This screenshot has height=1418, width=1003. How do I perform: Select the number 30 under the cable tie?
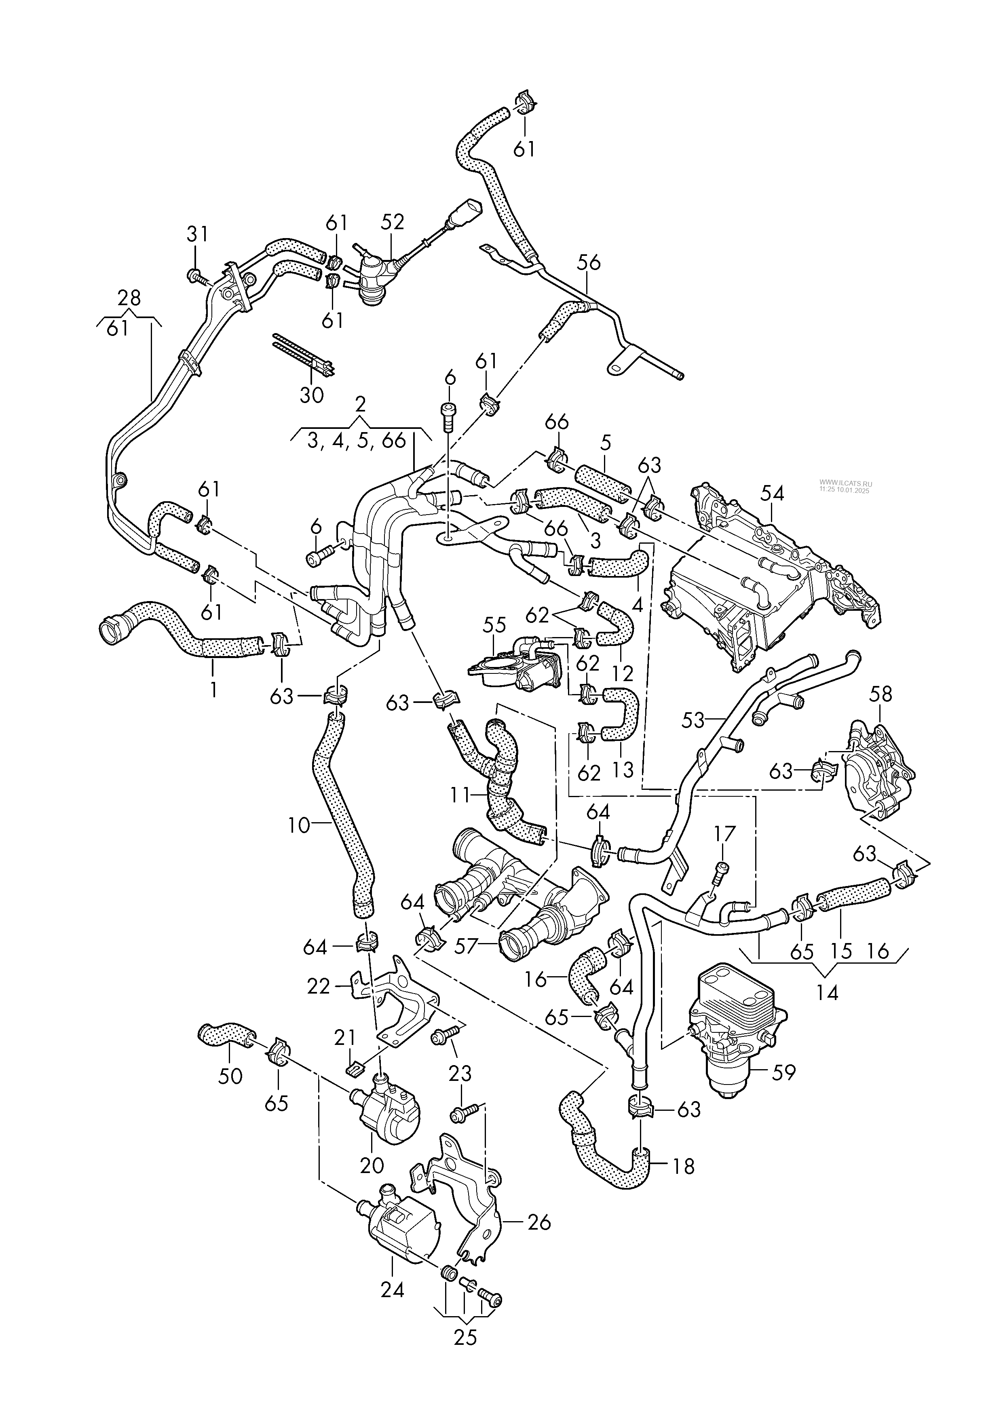coord(311,395)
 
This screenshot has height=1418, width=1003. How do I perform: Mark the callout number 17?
coord(725,834)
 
